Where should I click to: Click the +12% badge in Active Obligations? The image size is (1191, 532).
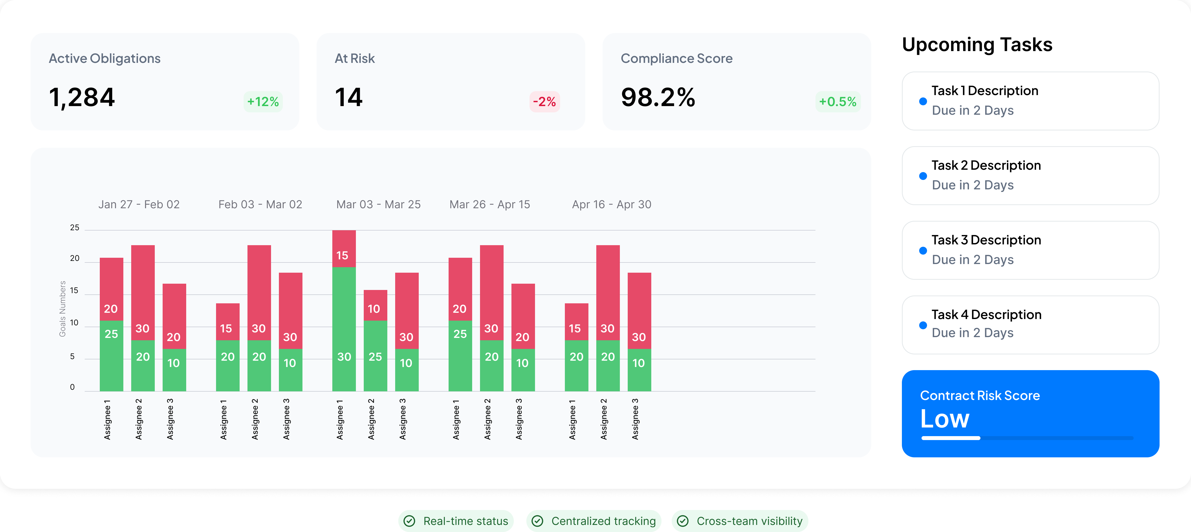click(x=263, y=102)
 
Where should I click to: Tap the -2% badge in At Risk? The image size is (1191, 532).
click(x=544, y=102)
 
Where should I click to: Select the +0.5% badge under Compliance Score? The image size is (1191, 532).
click(x=837, y=102)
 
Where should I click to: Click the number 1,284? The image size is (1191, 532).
click(x=82, y=98)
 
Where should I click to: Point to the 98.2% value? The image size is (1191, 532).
click(x=658, y=98)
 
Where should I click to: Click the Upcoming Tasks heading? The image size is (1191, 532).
click(x=977, y=45)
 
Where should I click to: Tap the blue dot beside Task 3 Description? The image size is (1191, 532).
click(x=923, y=251)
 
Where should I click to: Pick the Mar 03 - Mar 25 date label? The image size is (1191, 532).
click(x=378, y=205)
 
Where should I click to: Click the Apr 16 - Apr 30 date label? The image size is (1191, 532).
click(x=611, y=205)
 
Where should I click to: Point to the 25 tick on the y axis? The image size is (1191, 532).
click(x=74, y=228)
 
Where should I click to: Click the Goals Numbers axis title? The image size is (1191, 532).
click(x=62, y=309)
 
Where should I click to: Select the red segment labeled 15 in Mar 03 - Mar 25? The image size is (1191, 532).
click(x=344, y=249)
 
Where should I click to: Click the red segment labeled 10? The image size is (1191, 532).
click(x=375, y=305)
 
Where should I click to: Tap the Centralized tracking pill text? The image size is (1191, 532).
click(x=603, y=521)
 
